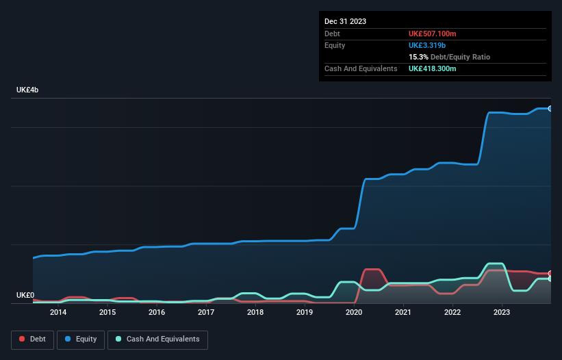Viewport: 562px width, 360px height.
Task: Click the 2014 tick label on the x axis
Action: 58,313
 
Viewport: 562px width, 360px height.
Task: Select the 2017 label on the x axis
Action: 206,313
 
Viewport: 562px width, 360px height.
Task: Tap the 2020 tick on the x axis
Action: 354,313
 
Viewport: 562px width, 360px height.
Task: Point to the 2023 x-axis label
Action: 502,313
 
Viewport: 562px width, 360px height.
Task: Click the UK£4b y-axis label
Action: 28,90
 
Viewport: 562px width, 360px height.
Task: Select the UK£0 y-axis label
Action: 25,296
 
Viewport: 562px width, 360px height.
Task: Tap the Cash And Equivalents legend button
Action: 157,339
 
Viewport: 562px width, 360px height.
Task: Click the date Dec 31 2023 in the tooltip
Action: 345,21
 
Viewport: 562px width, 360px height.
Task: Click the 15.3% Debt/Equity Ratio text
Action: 449,57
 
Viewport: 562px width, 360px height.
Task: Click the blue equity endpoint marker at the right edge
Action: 550,108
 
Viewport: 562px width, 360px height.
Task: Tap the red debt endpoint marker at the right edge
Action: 550,273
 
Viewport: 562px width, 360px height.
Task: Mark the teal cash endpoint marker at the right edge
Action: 550,279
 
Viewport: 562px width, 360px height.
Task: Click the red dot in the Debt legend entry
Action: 22,339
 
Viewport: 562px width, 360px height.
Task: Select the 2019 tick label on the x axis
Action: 305,313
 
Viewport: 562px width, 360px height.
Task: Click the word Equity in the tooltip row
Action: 335,45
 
